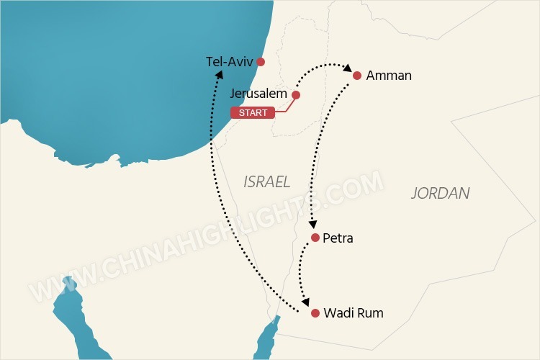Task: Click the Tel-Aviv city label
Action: pos(230,62)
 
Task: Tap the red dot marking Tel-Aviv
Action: pos(261,62)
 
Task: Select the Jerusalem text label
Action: pos(258,94)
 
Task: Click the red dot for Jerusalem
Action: pos(295,94)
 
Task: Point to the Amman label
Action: pos(389,75)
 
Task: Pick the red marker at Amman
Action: pos(357,75)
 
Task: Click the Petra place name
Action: pos(338,238)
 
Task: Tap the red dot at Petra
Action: pos(315,238)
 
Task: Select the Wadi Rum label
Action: pos(354,313)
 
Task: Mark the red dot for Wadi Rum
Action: pos(315,313)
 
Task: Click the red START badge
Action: pos(252,112)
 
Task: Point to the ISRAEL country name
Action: pos(266,181)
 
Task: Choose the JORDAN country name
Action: pos(441,193)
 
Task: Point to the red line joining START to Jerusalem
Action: pos(284,107)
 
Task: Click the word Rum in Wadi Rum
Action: pos(370,313)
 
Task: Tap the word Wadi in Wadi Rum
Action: pos(338,313)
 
